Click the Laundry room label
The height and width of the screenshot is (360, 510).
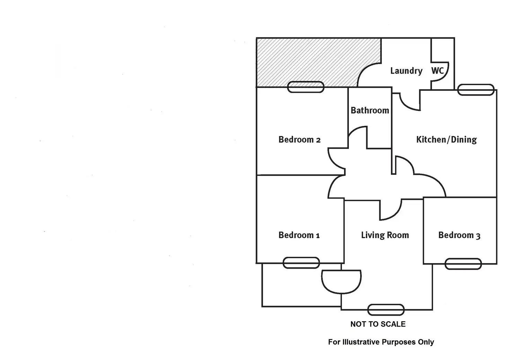point(406,71)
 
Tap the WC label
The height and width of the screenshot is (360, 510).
point(437,71)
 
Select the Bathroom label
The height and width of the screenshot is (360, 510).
point(370,110)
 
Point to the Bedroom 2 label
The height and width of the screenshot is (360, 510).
point(299,139)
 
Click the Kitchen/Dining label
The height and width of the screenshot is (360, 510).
point(446,139)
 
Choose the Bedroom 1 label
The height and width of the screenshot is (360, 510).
point(299,235)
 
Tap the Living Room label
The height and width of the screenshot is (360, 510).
point(385,235)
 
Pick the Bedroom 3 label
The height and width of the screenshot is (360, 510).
point(459,235)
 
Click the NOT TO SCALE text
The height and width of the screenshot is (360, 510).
point(378,324)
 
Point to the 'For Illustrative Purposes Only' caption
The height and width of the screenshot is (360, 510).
point(381,342)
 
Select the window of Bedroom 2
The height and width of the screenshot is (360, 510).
point(306,87)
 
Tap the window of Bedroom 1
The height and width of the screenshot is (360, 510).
point(301,263)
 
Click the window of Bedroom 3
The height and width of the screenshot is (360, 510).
point(463,264)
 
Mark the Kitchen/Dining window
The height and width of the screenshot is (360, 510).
point(476,90)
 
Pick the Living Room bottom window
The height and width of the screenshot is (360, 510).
point(386,310)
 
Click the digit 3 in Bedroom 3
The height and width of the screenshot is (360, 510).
point(478,236)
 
